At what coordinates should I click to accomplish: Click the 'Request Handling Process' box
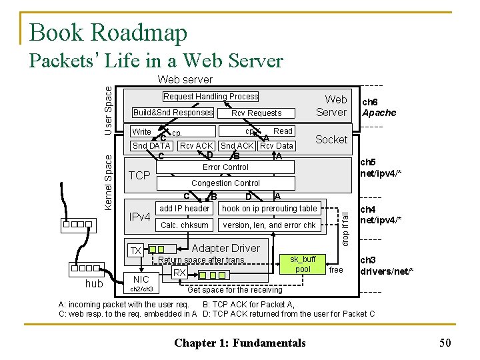211,97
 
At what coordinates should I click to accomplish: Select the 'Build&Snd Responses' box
173,113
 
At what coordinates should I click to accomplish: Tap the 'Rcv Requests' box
256,113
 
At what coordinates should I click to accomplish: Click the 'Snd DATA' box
151,146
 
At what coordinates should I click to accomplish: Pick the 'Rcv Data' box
277,146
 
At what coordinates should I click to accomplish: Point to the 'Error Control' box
225,167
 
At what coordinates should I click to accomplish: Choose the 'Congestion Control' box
225,183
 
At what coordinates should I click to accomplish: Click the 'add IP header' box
184,209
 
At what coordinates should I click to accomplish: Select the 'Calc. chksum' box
185,225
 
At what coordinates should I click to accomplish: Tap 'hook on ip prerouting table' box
270,209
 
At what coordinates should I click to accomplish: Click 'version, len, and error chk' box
269,225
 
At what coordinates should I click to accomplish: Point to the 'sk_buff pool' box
303,264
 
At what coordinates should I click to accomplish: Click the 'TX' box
135,251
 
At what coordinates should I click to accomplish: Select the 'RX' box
179,273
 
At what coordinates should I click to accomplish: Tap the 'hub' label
95,285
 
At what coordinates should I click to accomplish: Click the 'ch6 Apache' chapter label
379,107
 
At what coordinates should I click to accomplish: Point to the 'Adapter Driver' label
225,248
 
